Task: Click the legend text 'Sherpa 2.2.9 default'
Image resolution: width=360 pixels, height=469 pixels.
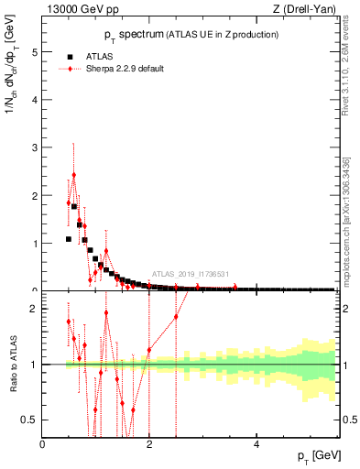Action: (x=123, y=69)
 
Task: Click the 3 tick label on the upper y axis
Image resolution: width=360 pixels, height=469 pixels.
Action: (x=36, y=147)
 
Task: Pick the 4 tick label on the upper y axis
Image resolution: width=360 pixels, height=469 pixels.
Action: (x=36, y=100)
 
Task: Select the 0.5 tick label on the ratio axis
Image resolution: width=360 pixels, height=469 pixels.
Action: (x=32, y=420)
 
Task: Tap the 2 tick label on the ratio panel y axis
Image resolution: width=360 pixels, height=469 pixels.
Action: (x=36, y=309)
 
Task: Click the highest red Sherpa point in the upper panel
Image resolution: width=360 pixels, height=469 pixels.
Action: (x=74, y=175)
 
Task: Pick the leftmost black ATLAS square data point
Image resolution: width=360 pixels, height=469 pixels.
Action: (x=69, y=239)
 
